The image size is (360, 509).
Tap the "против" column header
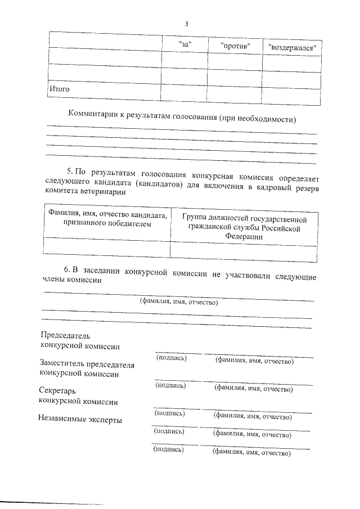[235, 44]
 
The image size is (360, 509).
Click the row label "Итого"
[59, 89]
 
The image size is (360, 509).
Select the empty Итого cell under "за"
[185, 94]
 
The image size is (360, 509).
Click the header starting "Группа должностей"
[244, 218]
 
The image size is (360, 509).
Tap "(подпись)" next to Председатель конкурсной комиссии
[171, 358]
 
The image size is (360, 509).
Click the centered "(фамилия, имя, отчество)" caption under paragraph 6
[178, 302]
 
